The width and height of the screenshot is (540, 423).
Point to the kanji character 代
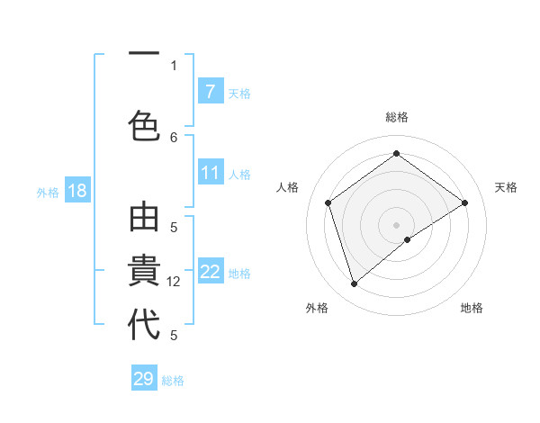[x=144, y=324]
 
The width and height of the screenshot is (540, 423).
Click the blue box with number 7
[x=210, y=92]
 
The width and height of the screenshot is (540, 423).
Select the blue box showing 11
[x=210, y=173]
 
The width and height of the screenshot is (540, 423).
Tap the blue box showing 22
[x=210, y=272]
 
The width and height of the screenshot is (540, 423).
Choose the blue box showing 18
[x=76, y=191]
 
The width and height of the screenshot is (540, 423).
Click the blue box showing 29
[x=144, y=379]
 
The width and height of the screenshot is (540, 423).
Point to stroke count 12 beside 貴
[x=175, y=282]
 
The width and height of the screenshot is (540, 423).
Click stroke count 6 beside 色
[x=174, y=137]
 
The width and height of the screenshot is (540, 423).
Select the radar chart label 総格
[x=397, y=117]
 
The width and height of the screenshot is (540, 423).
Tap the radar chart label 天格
[x=506, y=187]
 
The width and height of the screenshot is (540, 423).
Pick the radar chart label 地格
[x=472, y=308]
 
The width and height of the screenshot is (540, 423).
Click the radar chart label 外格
[x=317, y=308]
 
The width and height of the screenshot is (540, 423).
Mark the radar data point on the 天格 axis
[x=464, y=202]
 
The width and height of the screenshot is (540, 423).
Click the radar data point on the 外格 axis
[x=354, y=284]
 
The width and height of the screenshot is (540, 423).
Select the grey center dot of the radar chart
[x=396, y=224]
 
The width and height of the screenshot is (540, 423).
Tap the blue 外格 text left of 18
[x=47, y=192]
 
